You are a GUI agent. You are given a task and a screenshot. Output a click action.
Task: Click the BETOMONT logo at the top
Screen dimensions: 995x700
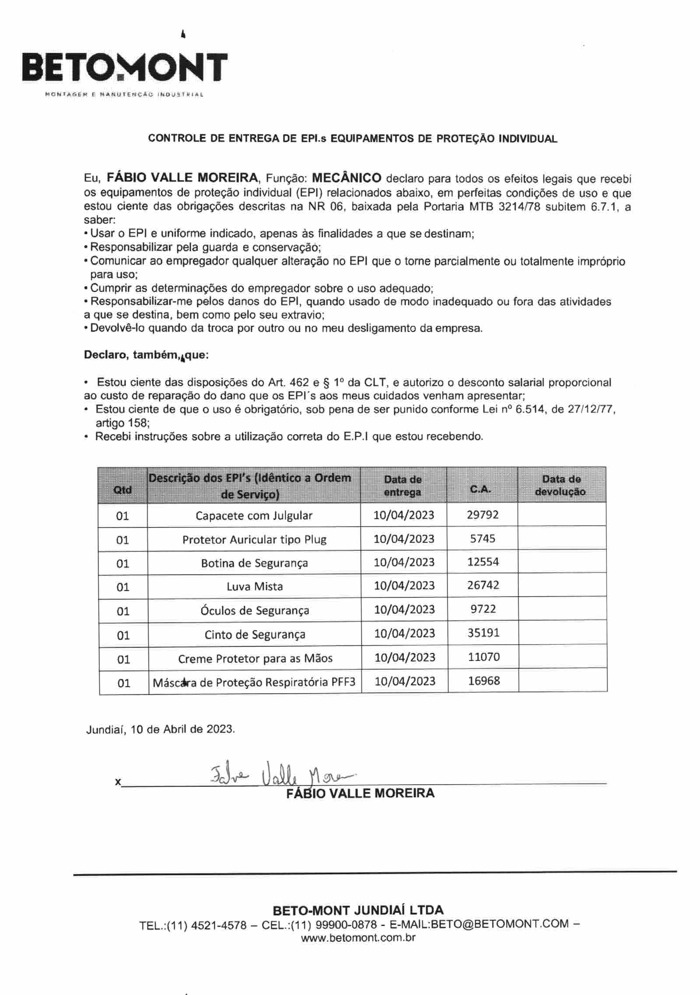tap(125, 68)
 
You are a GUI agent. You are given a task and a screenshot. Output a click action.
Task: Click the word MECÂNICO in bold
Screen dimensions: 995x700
tap(346, 178)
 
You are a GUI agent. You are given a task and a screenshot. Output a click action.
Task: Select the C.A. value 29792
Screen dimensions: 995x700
tap(483, 514)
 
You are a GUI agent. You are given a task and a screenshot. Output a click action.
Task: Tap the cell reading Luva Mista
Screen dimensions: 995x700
tap(255, 587)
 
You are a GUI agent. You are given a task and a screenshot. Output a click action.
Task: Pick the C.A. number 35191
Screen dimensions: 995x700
tap(483, 633)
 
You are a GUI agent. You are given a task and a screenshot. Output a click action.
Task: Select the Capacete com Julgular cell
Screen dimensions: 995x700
tap(254, 515)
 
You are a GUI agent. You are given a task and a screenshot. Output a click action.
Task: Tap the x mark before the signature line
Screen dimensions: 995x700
tap(117, 782)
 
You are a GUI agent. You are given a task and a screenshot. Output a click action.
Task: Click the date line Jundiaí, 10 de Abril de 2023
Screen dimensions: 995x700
tap(161, 729)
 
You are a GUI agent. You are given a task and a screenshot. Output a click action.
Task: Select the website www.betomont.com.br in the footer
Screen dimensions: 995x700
tap(358, 937)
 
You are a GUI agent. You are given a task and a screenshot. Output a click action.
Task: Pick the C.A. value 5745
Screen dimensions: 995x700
tap(483, 538)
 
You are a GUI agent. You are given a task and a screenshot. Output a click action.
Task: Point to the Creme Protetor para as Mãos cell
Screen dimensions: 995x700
tap(255, 658)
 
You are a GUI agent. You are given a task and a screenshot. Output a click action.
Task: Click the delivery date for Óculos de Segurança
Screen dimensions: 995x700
tap(405, 609)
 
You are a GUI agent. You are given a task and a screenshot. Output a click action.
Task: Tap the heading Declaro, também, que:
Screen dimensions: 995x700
tap(146, 355)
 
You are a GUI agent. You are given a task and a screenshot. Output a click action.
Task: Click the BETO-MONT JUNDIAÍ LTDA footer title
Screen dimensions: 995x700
tap(358, 910)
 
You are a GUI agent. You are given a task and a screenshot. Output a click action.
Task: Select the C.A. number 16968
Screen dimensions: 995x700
tap(484, 681)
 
